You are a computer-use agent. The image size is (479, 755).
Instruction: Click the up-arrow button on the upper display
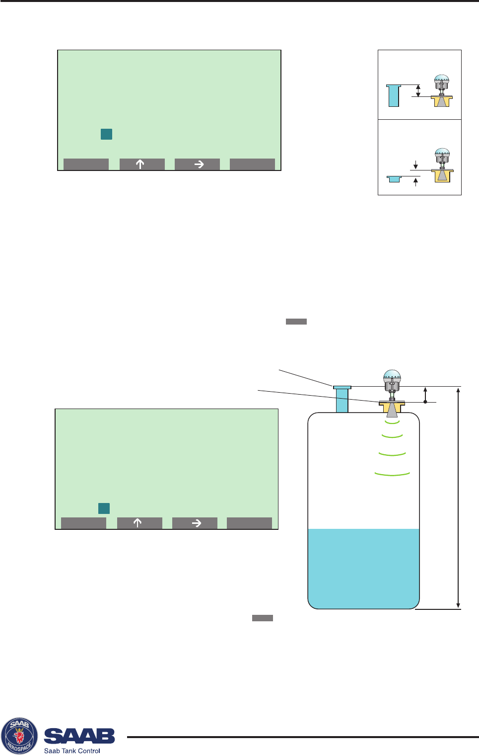tap(142, 165)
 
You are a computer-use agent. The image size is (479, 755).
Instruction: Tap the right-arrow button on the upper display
tap(197, 165)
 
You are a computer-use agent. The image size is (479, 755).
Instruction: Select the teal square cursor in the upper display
tap(106, 134)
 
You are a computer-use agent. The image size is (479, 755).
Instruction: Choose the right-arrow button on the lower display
tap(195, 523)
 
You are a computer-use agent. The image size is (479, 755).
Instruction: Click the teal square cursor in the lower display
tap(104, 508)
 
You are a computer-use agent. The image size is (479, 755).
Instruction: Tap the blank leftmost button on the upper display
tap(86, 165)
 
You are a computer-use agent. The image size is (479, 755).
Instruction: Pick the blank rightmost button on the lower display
tap(249, 523)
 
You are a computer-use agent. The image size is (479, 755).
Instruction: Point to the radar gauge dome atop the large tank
tap(392, 376)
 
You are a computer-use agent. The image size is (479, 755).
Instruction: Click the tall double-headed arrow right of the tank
tap(458, 497)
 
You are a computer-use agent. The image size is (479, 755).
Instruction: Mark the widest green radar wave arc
tap(392, 474)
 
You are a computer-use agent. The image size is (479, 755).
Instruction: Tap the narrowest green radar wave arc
tap(392, 422)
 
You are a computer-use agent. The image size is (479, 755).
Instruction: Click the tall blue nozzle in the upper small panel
tap(394, 95)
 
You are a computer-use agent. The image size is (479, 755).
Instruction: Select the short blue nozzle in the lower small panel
tap(394, 178)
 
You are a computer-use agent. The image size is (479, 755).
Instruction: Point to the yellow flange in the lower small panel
tap(442, 175)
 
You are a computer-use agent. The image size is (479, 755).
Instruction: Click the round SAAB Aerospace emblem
tap(19, 736)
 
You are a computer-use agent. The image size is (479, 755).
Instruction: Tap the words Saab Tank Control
tap(72, 751)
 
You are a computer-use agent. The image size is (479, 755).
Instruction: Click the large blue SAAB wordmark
tap(79, 736)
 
